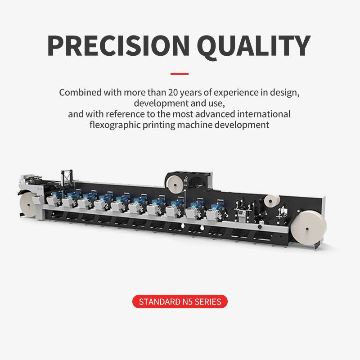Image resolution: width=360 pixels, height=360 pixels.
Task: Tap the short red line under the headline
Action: (x=180, y=73)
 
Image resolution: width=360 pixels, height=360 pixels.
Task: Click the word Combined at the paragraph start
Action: (x=79, y=93)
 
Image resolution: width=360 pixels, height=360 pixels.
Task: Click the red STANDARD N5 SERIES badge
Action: (x=180, y=301)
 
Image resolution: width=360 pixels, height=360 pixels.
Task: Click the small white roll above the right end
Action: (x=272, y=201)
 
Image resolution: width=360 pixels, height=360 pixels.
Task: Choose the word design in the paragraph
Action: (x=286, y=93)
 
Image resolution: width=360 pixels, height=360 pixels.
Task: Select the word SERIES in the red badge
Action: (x=207, y=301)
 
